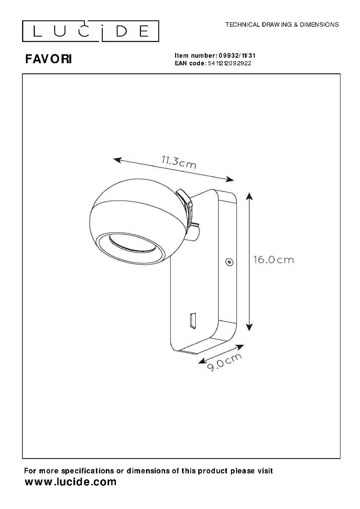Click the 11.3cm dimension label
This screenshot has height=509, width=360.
(179, 162)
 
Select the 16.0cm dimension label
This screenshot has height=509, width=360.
(273, 260)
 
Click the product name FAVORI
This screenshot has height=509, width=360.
(49, 59)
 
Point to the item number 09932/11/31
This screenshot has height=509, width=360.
(237, 56)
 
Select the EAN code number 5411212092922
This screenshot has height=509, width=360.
(230, 63)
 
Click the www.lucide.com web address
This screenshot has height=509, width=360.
(70, 482)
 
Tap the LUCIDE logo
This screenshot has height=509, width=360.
(90, 31)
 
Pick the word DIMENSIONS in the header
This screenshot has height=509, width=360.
(319, 25)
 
